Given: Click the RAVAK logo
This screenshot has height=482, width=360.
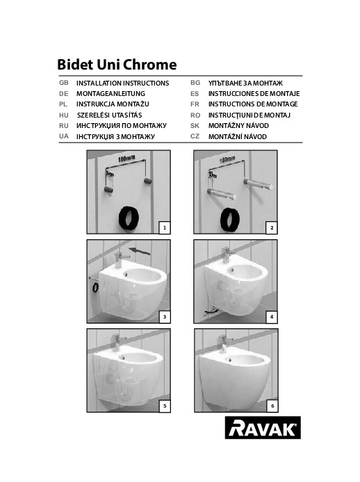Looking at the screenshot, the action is tap(263, 427).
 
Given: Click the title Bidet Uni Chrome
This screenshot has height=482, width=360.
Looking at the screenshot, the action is tap(117, 65).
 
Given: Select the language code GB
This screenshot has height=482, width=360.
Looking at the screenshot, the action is tap(64, 83).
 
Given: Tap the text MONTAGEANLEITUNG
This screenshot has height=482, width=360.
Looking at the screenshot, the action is tap(111, 93).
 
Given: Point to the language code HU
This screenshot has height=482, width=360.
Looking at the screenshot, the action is tap(64, 115).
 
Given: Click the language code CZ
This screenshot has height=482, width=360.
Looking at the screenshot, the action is tap(195, 136).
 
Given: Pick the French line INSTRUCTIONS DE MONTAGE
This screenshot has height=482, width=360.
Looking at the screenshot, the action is tap(253, 104).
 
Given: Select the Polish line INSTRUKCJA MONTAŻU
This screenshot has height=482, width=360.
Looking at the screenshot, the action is tap(113, 104).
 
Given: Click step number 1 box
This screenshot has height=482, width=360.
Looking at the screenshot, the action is tap(165, 227).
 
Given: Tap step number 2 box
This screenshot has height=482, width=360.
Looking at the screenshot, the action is tap(272, 227).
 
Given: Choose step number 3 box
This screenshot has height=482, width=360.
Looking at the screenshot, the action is tap(165, 317).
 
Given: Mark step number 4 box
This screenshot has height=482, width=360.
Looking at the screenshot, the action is tap(272, 317).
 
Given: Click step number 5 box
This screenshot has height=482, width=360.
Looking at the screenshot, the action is tap(165, 406).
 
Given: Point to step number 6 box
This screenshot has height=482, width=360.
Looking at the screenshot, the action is tap(272, 406).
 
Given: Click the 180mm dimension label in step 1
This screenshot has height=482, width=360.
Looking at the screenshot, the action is tap(126, 159).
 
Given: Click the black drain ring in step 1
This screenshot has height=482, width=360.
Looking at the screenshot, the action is tap(129, 218).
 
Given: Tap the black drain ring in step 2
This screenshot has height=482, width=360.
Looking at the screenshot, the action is tap(230, 219).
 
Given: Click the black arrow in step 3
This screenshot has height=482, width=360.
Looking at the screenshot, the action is tap(140, 251).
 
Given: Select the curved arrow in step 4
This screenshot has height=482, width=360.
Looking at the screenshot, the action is tap(210, 312).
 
